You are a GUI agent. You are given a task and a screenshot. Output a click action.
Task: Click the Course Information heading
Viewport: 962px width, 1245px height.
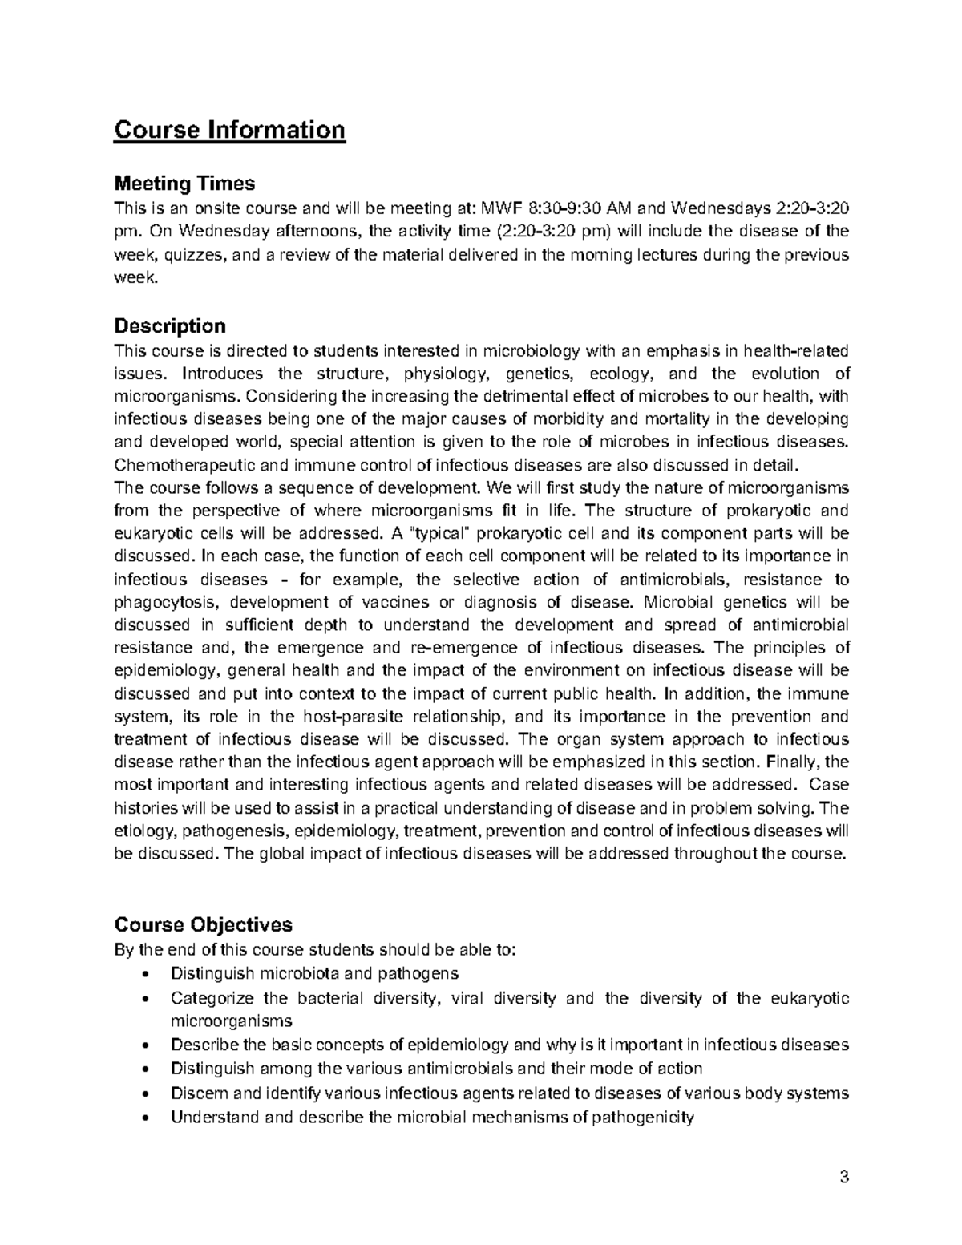229,129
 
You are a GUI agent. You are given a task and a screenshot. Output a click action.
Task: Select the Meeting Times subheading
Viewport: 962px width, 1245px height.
184,184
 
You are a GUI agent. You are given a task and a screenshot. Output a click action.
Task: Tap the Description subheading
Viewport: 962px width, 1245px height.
170,325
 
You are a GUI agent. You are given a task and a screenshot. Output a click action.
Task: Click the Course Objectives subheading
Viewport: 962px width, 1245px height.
204,924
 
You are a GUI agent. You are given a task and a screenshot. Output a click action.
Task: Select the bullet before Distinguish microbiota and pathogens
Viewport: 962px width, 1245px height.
143,975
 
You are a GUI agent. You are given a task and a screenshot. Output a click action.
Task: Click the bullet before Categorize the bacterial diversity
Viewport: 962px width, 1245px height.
143,999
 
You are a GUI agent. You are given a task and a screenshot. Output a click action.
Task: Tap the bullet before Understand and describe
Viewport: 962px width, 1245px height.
143,1117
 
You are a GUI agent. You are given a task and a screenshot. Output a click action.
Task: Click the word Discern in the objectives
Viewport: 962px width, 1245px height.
199,1093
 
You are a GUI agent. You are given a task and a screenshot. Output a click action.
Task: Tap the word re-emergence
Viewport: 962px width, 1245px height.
466,648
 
